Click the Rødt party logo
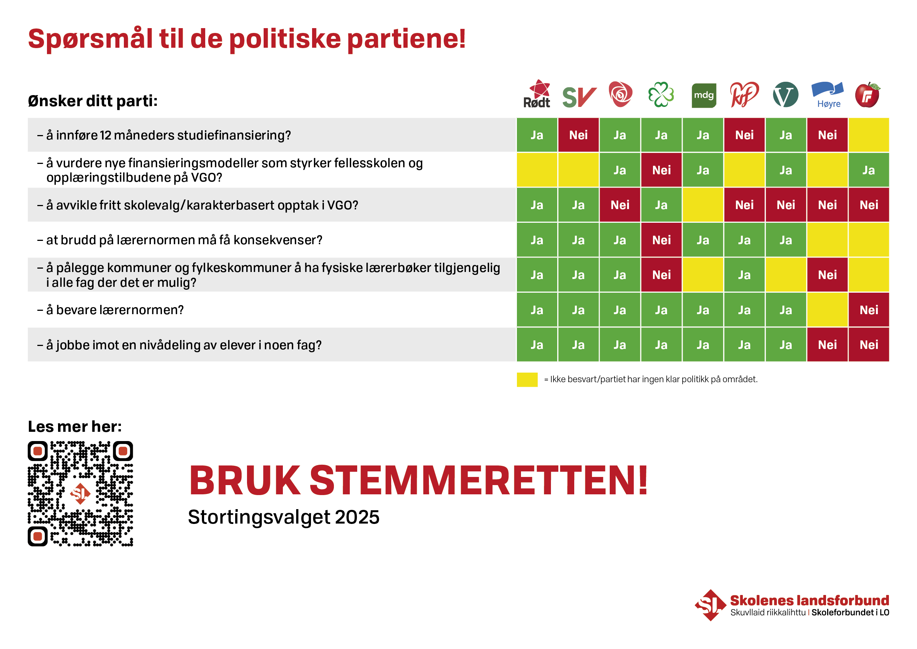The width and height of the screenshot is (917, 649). (538, 95)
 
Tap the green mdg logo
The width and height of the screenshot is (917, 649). (704, 95)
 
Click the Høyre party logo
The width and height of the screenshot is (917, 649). (827, 95)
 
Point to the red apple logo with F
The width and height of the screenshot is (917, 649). (867, 95)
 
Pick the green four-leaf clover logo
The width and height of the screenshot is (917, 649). (661, 95)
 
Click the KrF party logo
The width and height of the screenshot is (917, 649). (744, 95)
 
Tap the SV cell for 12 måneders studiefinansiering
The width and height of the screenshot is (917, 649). (578, 135)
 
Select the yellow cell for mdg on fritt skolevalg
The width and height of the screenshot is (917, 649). (703, 205)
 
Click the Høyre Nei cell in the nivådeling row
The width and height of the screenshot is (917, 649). (827, 345)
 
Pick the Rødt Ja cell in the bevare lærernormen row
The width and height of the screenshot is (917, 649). (537, 310)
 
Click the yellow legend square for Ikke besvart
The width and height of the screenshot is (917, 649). (527, 379)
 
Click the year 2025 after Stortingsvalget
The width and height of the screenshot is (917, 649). (357, 517)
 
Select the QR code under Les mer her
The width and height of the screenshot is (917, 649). (80, 494)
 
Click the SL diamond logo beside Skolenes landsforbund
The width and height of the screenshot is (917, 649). (710, 605)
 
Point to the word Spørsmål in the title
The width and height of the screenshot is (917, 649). (90, 39)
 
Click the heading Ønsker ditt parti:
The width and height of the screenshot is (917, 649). (93, 101)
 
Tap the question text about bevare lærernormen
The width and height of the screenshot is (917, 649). (115, 310)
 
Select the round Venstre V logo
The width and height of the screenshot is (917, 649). (786, 95)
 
